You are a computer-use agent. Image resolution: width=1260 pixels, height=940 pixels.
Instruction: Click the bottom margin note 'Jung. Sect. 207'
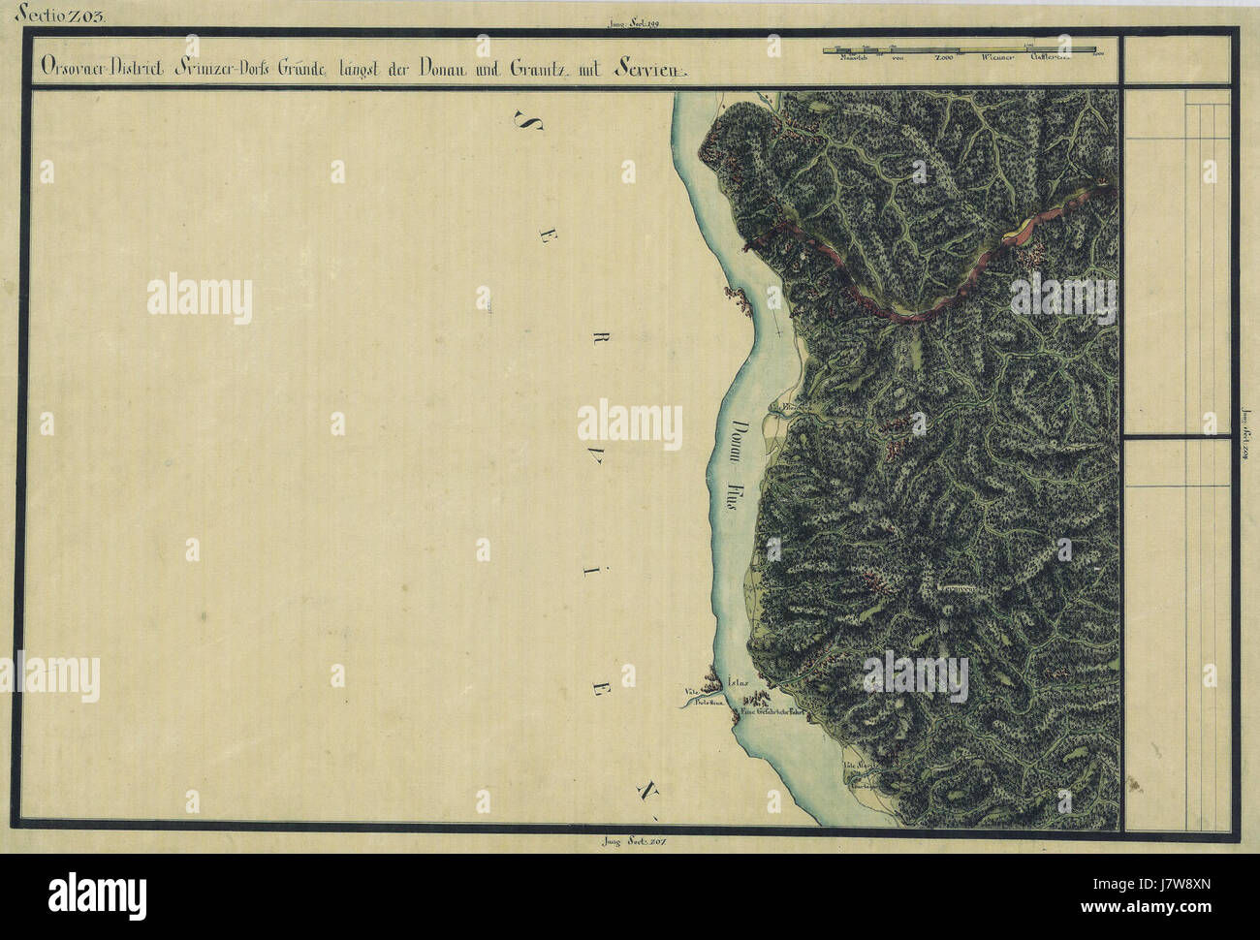pos(635,840)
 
